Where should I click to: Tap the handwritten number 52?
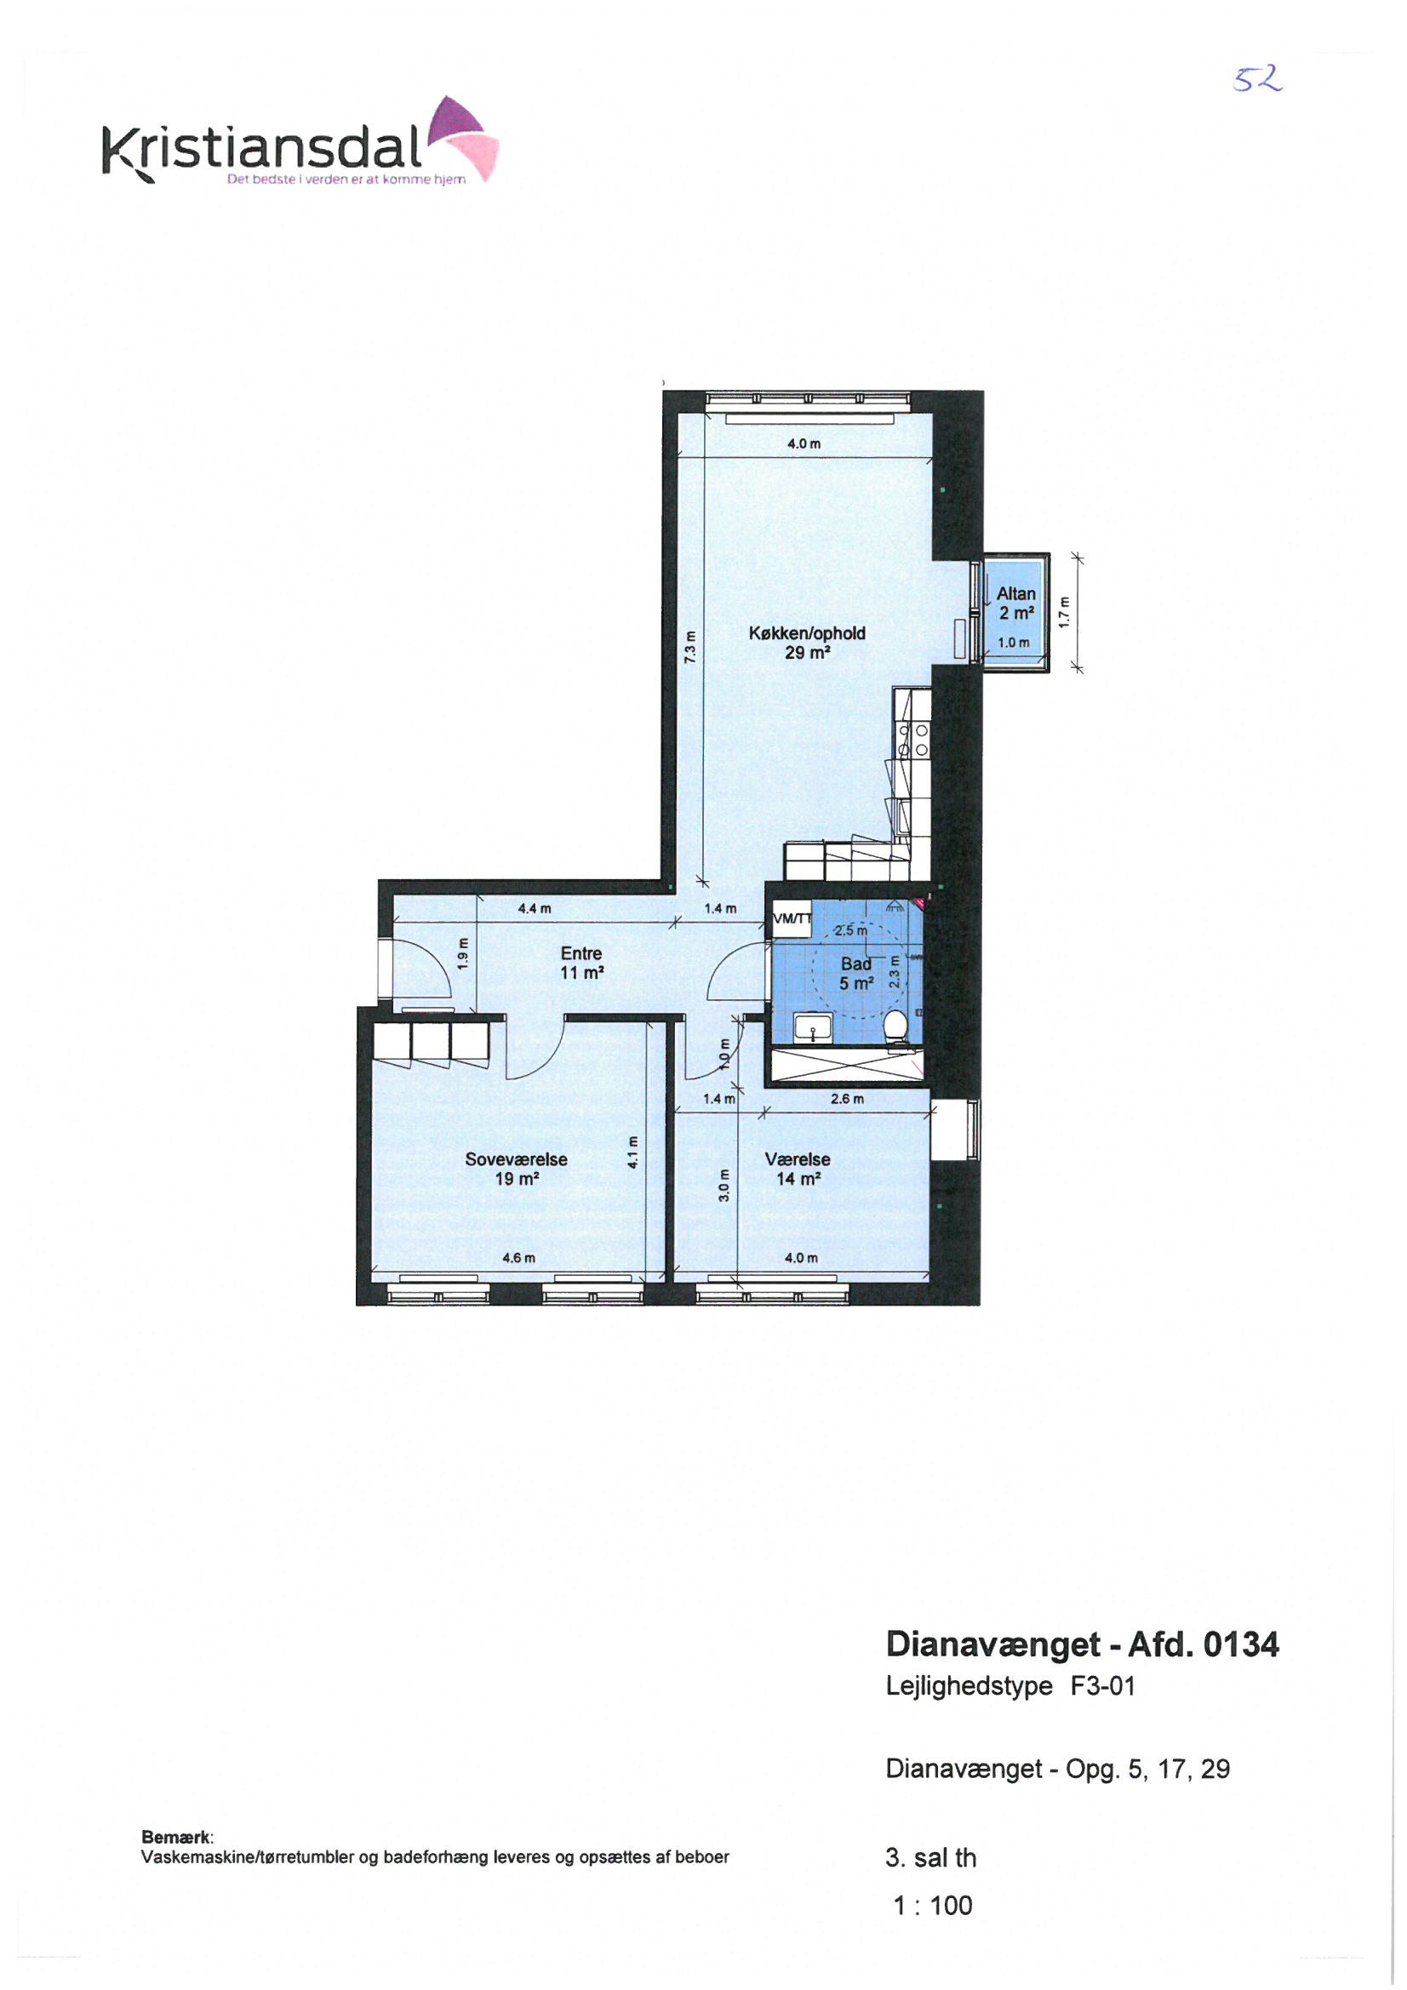(1258, 81)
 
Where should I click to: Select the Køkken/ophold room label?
(807, 643)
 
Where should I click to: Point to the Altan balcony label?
(1016, 603)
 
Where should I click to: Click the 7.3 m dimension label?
(691, 647)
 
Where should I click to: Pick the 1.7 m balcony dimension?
(1065, 613)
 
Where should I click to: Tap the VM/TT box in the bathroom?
(792, 918)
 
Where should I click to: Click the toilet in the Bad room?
(895, 1027)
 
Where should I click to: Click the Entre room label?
(581, 963)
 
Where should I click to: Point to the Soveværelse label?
(517, 1169)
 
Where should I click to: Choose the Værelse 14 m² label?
(798, 1169)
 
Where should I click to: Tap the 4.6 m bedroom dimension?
(518, 1258)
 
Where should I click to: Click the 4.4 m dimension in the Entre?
(534, 908)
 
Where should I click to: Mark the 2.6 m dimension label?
(847, 1099)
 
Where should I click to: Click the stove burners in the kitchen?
(912, 741)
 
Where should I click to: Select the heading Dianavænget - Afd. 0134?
(1082, 1644)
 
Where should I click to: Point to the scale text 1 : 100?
(933, 1906)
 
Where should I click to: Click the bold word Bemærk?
(176, 1837)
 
